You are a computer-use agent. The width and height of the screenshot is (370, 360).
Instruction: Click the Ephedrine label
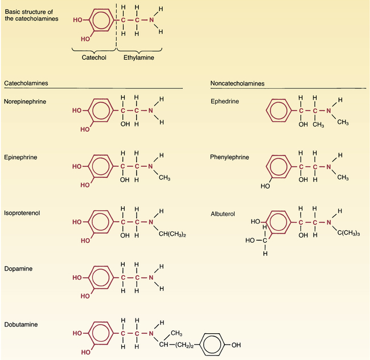click(x=225, y=101)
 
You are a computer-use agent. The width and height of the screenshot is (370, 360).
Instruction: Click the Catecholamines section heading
click(x=26, y=83)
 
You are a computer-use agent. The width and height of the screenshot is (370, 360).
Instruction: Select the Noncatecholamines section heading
click(x=237, y=83)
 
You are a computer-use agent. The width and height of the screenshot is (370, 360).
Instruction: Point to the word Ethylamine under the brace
click(x=139, y=58)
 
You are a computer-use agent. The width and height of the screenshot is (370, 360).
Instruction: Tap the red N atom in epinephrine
click(x=150, y=166)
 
